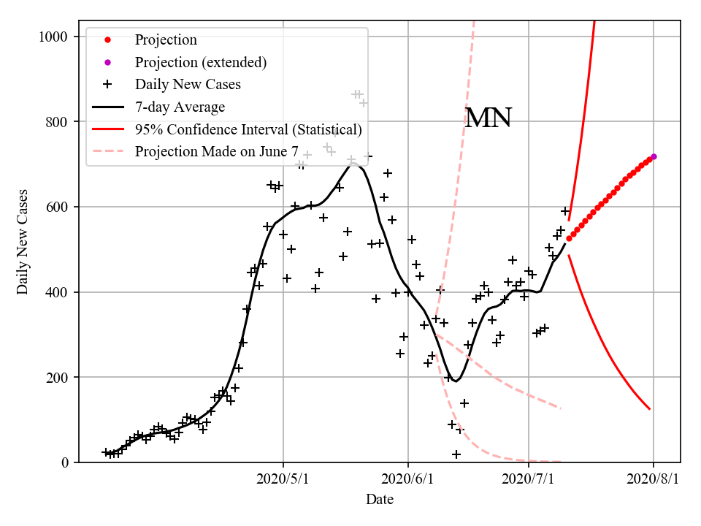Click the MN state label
click(488, 118)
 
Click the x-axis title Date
click(380, 500)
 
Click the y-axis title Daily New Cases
click(23, 241)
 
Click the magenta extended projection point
click(654, 156)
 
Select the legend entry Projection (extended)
click(200, 62)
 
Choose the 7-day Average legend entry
click(180, 107)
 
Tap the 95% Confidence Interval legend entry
click(248, 129)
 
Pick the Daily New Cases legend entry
click(188, 84)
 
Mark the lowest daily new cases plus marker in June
click(456, 454)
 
